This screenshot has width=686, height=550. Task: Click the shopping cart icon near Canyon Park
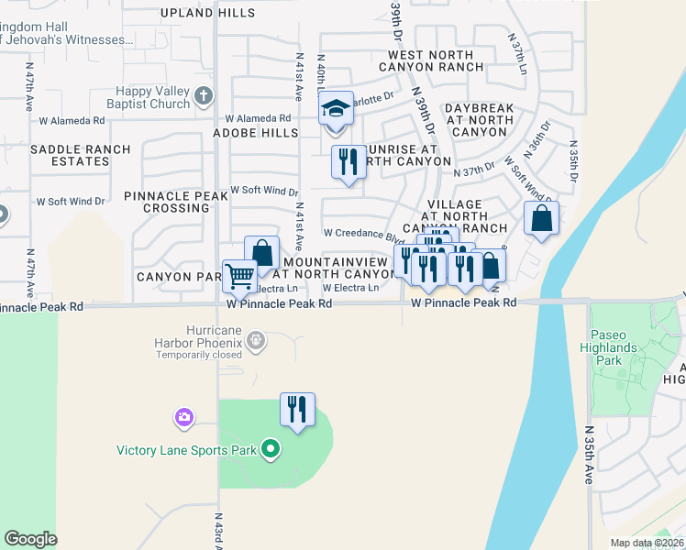(x=239, y=276)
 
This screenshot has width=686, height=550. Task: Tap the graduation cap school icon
(x=337, y=109)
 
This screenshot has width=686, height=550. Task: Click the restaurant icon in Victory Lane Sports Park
(x=297, y=410)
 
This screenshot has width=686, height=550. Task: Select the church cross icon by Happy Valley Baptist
(x=204, y=95)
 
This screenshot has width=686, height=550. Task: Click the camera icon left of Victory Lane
(x=184, y=418)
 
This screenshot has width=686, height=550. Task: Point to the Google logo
(x=30, y=539)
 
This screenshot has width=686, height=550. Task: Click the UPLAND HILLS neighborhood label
(x=206, y=13)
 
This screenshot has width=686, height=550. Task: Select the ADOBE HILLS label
(x=256, y=133)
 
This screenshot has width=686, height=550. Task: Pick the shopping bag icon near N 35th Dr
(x=541, y=220)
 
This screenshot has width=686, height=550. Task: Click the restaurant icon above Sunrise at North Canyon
(x=348, y=163)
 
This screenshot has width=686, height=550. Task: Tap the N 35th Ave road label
(x=588, y=456)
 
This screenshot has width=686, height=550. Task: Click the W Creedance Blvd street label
(x=363, y=233)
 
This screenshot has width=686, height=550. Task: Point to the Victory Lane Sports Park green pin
(x=270, y=449)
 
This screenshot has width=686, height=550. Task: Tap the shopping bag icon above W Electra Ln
(x=262, y=253)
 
